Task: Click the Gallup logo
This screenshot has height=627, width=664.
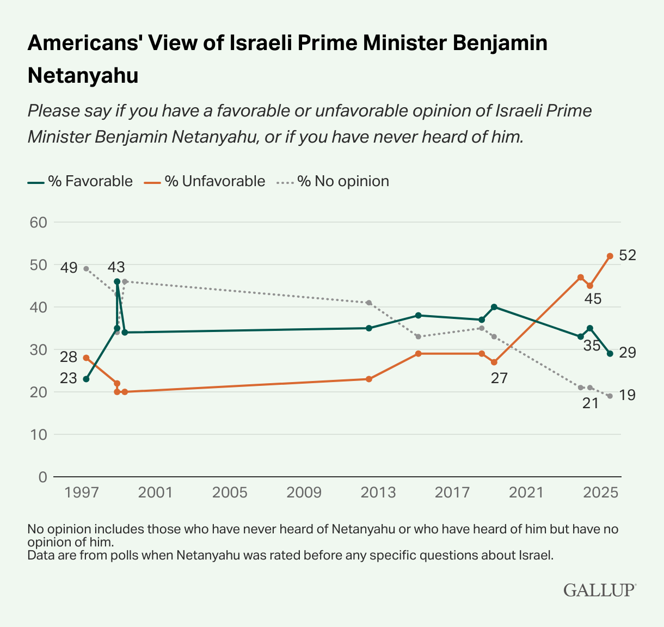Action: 600,590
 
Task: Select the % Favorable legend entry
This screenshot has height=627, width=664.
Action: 81,181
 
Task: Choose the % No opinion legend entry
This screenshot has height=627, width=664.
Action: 334,181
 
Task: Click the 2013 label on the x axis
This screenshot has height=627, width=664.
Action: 378,493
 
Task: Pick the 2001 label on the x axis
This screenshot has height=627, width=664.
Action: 156,493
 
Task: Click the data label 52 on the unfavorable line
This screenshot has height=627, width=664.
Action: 628,255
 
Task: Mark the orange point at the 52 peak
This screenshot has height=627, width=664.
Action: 610,256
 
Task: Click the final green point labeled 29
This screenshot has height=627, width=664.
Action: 610,354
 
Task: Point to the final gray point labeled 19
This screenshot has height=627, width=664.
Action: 610,396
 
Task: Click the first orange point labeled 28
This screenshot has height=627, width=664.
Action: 86,358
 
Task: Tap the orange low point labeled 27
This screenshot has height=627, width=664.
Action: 494,362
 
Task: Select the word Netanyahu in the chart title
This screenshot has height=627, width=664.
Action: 83,76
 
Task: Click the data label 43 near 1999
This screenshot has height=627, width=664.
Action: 116,267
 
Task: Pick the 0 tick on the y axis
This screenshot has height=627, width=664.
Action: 42,477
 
